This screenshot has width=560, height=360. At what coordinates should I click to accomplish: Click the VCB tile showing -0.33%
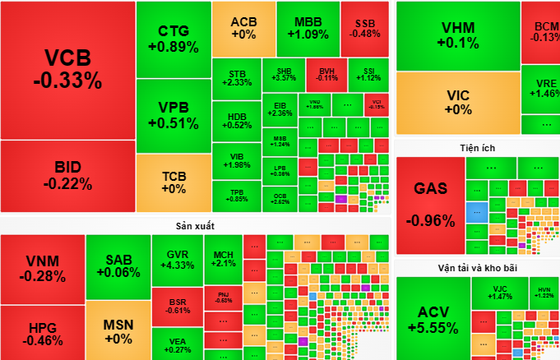67,69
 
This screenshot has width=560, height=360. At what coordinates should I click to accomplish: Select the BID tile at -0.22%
67,176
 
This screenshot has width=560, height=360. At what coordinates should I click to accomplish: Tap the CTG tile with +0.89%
173,39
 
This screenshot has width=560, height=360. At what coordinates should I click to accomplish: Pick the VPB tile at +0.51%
173,115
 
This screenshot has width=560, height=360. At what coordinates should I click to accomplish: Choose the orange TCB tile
173,182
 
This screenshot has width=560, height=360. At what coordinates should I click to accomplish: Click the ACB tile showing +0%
243,28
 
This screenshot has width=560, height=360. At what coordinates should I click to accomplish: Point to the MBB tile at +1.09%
308,28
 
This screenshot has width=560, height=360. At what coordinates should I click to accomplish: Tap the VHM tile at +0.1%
457,35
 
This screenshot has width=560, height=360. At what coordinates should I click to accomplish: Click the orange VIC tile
457,102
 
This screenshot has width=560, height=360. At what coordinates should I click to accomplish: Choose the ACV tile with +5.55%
433,319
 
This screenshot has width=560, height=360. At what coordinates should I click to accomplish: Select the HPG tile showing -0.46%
42,333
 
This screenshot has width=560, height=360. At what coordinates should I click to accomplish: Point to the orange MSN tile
118,330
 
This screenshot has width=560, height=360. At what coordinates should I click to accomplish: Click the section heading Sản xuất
195,224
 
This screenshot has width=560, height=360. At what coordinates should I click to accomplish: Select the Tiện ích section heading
477,148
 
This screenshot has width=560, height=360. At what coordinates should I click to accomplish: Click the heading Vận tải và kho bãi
477,267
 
